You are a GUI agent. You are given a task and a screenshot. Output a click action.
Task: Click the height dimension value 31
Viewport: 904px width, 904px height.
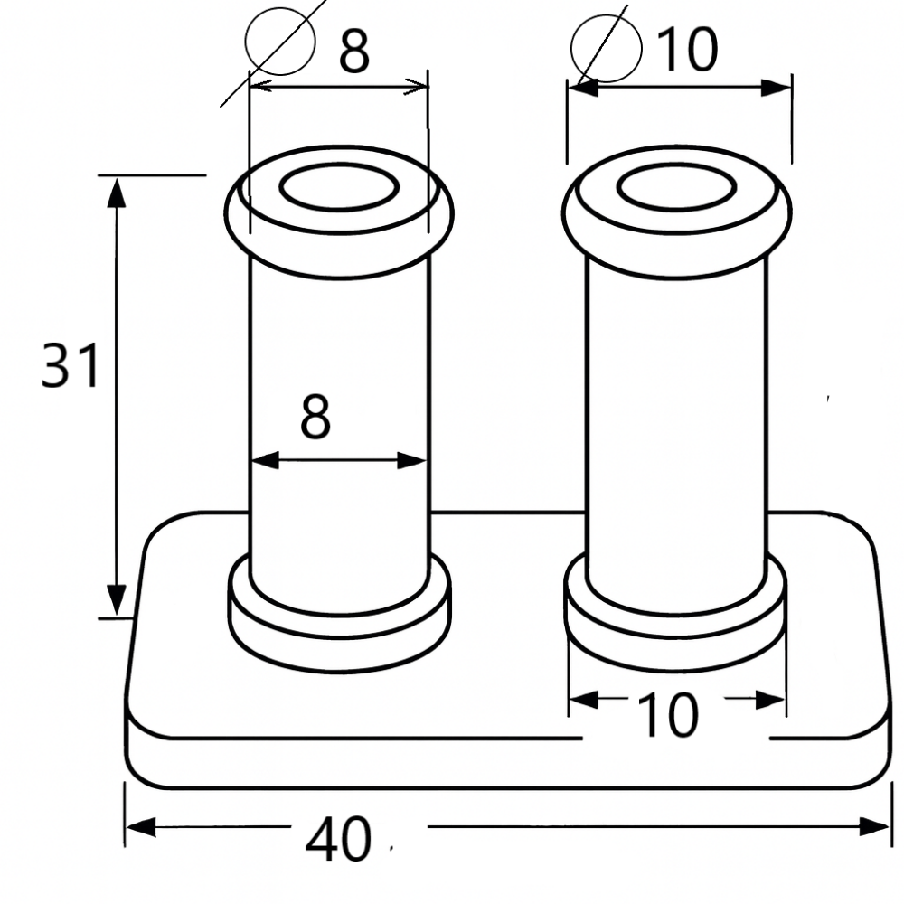click(x=70, y=367)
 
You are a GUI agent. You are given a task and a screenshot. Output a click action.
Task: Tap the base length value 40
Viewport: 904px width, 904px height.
click(x=338, y=841)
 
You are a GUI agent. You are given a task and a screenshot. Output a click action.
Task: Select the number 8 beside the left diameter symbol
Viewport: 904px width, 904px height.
click(x=353, y=52)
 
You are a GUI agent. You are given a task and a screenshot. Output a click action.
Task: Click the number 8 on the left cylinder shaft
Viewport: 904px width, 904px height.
click(x=315, y=418)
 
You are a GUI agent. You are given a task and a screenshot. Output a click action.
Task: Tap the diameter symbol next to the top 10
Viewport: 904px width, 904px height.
click(x=606, y=45)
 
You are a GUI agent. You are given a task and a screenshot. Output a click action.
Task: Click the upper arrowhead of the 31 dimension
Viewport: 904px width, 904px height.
click(x=117, y=192)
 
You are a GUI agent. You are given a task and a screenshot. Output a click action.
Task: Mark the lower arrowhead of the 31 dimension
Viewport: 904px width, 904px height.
click(x=117, y=599)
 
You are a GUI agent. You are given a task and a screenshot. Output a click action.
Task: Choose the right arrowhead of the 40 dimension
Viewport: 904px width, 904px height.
click(x=876, y=826)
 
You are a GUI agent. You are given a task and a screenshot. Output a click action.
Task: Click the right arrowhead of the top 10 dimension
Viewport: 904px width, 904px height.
click(x=777, y=88)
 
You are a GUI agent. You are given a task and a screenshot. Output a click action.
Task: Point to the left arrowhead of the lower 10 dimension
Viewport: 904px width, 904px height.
click(x=583, y=699)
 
